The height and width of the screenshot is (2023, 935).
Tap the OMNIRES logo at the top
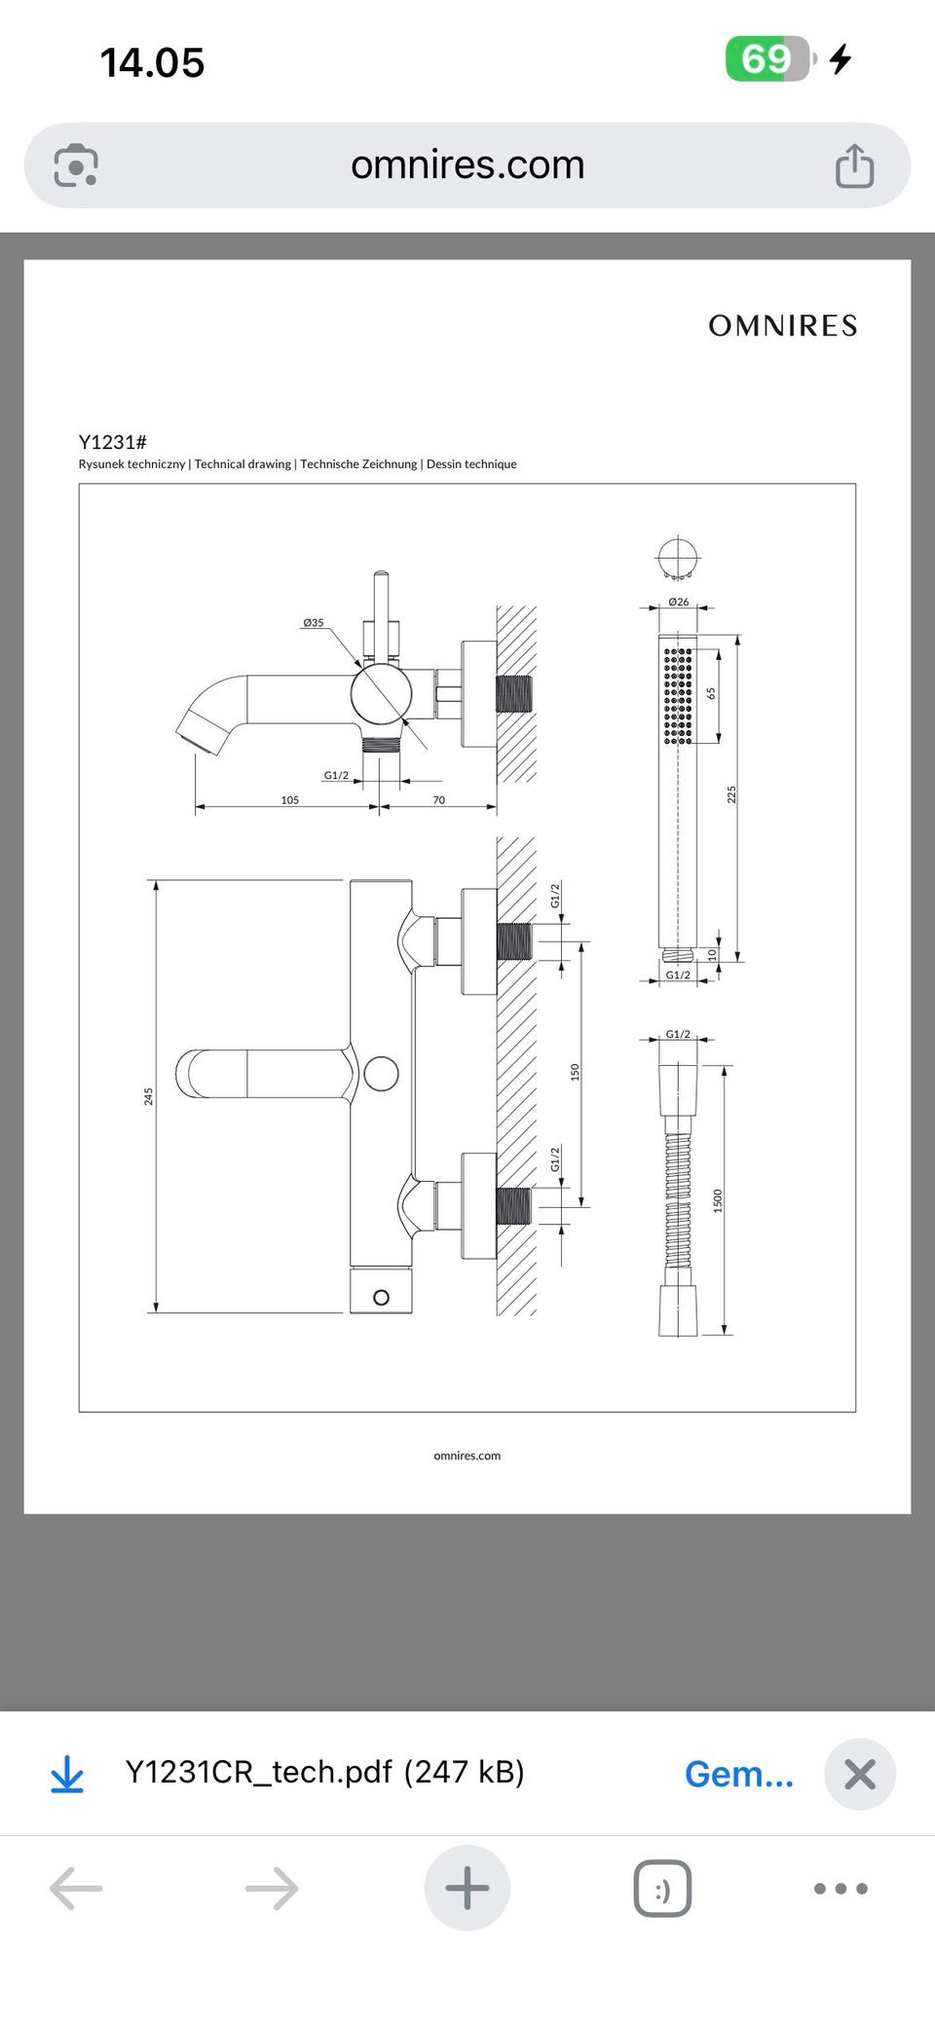pos(782,325)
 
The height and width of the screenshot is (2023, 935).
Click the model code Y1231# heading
pos(112,442)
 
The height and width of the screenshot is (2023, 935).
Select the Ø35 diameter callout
pos(313,622)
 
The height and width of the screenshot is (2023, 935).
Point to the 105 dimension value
pos(289,800)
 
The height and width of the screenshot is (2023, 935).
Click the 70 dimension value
pos(438,800)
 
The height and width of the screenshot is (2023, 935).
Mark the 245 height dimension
pos(148,1096)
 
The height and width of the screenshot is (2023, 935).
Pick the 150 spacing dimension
pos(575,1072)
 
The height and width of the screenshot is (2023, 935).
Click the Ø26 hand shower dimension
pos(679,602)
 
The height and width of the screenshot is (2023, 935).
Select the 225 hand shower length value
pos(731,794)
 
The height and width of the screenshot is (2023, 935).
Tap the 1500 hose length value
pos(718,1199)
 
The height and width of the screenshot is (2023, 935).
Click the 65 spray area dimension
pos(711,693)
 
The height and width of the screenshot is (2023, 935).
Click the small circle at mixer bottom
pos(381,1298)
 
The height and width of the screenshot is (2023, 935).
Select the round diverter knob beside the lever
pos(381,1075)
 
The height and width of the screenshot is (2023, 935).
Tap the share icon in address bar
pos(854,166)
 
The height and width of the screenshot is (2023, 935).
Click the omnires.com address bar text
pos(467,166)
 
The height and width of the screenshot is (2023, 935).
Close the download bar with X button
pos(859,1774)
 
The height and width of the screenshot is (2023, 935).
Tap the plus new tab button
pos(467,1888)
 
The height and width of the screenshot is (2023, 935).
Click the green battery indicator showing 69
pos(767,59)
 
